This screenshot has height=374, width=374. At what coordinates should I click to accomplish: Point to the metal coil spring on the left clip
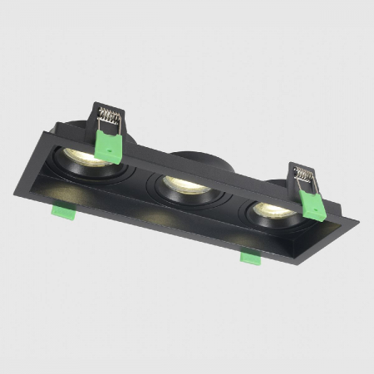tap(109, 116)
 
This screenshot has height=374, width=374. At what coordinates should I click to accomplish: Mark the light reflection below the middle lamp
tap(155, 215)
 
